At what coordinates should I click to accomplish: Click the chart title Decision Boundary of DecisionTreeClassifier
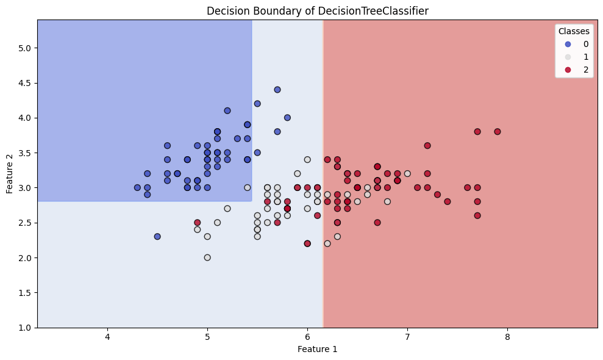click(317, 10)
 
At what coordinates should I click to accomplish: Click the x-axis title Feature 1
click(317, 350)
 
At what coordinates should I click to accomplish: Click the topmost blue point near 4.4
click(277, 90)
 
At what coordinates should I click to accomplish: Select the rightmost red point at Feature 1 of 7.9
click(497, 132)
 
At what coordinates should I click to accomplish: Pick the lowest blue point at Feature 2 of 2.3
click(157, 236)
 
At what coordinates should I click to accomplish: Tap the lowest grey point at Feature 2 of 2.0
click(207, 257)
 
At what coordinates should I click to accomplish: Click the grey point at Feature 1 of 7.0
click(407, 173)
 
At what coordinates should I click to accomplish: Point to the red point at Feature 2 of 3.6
click(427, 145)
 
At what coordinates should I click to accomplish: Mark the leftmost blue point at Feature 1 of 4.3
click(137, 187)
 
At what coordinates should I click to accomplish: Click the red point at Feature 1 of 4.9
click(197, 223)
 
